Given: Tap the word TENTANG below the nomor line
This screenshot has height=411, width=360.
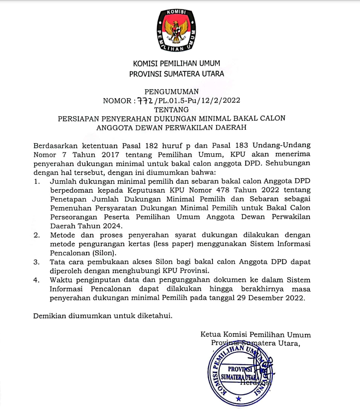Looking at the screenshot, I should pyautogui.click(x=172, y=110).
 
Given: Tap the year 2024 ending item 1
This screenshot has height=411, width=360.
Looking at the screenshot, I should pyautogui.click(x=112, y=226).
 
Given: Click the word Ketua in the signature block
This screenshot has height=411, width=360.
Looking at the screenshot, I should pyautogui.click(x=212, y=335).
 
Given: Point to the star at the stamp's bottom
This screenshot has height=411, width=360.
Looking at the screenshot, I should pyautogui.click(x=239, y=398).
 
